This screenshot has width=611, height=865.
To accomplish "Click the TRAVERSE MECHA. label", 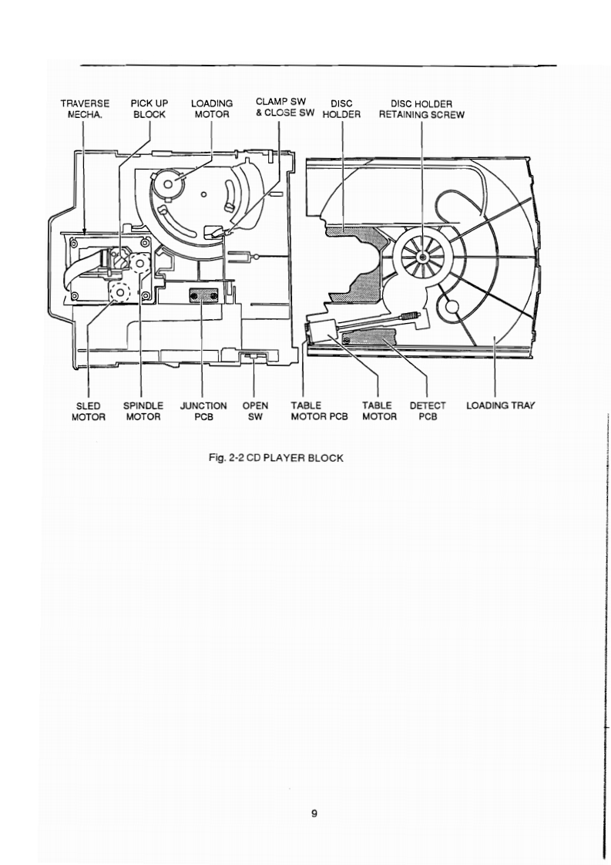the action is pos(85,109).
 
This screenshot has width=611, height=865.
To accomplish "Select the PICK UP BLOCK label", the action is pos(150,109).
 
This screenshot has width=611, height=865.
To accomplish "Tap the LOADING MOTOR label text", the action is pos(211,109).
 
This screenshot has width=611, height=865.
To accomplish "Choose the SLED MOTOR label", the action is pos(89,411).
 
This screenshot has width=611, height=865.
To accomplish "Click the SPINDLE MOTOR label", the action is pos(143,411).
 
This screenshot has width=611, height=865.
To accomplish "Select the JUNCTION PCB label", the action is pos(203,411).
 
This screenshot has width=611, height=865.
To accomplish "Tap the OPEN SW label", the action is pos(255,411).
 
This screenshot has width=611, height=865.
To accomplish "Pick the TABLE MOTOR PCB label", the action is pos(320,411).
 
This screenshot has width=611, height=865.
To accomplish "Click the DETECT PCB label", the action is pos(428,411).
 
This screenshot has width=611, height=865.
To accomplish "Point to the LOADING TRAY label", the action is pos(500,406).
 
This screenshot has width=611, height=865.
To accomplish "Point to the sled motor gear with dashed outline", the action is pos(120,292).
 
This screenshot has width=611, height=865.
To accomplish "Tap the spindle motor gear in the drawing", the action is pos(140,263).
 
